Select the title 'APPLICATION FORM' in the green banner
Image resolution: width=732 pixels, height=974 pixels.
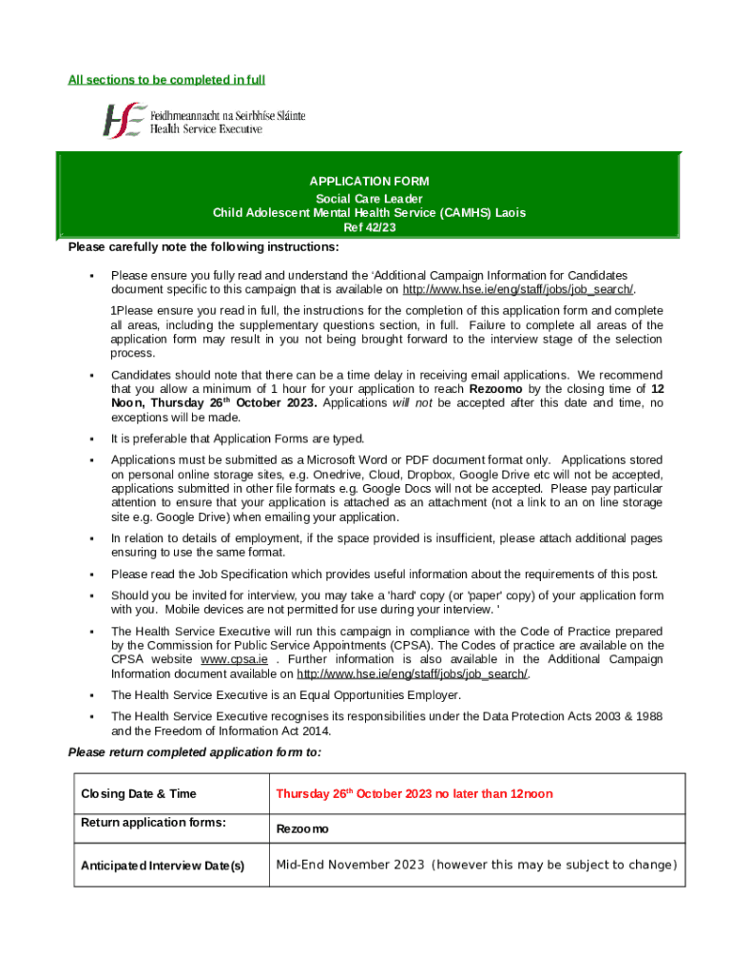coord(369,181)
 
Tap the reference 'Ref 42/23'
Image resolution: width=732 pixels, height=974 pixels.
coord(369,228)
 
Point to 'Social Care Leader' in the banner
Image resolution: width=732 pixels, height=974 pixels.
coord(369,198)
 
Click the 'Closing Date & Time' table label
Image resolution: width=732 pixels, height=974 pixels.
coord(139,794)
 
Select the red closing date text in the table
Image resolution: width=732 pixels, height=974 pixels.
coord(414,794)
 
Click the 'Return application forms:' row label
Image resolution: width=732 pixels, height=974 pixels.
coord(153,823)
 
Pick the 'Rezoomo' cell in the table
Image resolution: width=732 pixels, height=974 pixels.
coord(301,829)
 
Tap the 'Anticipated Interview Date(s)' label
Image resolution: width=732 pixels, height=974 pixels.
coord(163,866)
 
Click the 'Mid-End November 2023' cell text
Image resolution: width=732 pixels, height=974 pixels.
coord(349,865)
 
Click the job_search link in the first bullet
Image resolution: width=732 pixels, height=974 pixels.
coord(518,290)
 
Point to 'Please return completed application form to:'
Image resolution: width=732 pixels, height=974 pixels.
coord(195,752)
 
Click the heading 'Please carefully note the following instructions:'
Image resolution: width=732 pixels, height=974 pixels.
coord(202,248)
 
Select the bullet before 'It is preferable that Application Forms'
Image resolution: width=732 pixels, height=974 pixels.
coord(91,439)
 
